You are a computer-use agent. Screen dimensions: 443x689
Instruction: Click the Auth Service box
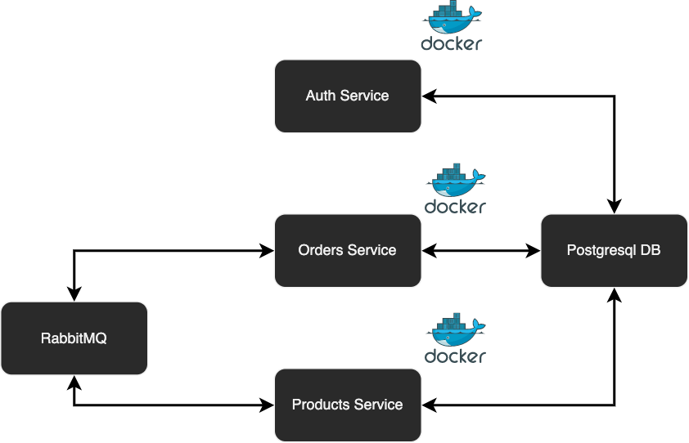tap(348, 96)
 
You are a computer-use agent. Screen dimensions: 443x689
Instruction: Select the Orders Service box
tap(348, 250)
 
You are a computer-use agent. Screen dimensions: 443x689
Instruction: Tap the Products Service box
tap(348, 405)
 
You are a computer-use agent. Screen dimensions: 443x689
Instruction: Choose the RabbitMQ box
tap(74, 338)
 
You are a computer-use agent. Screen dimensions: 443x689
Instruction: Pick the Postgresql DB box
tap(614, 250)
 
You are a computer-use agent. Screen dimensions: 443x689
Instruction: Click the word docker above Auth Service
tap(452, 43)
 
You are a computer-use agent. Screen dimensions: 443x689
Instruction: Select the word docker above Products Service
tap(455, 356)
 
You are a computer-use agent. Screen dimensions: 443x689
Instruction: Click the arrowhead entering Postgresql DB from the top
tap(614, 208)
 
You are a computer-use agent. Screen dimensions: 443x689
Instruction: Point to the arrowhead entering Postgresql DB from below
tap(614, 293)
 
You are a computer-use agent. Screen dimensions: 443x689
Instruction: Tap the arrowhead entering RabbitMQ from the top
tap(74, 295)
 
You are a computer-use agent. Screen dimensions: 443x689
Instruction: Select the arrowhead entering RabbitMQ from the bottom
tap(74, 381)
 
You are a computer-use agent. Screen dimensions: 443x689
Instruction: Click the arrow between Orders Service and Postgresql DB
tap(481, 250)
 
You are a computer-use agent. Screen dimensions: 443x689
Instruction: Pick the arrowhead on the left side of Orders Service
tap(268, 250)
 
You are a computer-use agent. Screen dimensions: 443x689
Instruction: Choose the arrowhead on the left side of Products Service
tap(268, 405)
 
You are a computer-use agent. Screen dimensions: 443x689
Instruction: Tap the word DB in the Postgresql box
tap(650, 250)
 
